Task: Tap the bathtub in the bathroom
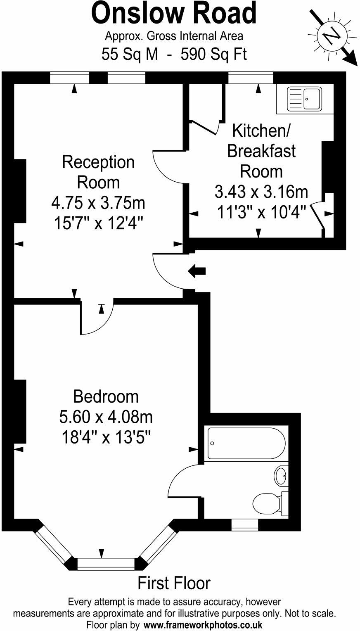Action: click(246, 444)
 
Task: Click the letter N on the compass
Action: click(333, 36)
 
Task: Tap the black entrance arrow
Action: click(197, 271)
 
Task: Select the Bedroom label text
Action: click(106, 396)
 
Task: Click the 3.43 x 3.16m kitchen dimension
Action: click(261, 192)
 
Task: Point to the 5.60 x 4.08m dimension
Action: click(106, 417)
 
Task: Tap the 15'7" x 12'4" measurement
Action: click(98, 224)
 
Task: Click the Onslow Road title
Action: click(174, 14)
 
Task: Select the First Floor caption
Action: click(174, 583)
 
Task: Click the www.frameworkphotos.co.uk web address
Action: click(203, 624)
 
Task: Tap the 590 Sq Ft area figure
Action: click(214, 54)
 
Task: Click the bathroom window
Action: click(245, 524)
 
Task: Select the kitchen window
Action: click(251, 77)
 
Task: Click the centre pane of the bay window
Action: click(106, 564)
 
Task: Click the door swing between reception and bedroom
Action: click(97, 318)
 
